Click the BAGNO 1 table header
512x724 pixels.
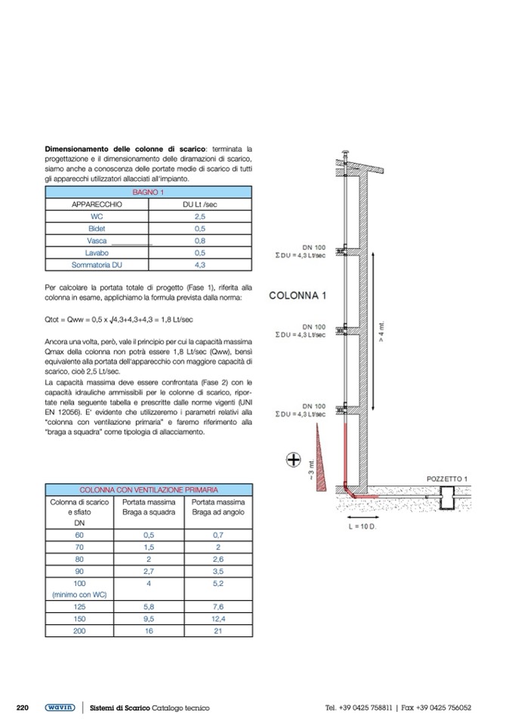click(149, 193)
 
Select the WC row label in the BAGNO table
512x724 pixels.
click(97, 216)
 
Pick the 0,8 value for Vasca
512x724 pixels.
click(200, 241)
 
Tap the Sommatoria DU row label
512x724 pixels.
click(97, 265)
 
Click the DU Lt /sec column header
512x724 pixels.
click(200, 204)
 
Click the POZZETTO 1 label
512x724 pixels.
click(447, 479)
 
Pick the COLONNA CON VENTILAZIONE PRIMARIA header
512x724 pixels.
click(149, 490)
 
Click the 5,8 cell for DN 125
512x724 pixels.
click(149, 606)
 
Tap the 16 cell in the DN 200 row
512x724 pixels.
click(149, 630)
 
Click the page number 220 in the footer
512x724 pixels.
click(23, 707)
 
